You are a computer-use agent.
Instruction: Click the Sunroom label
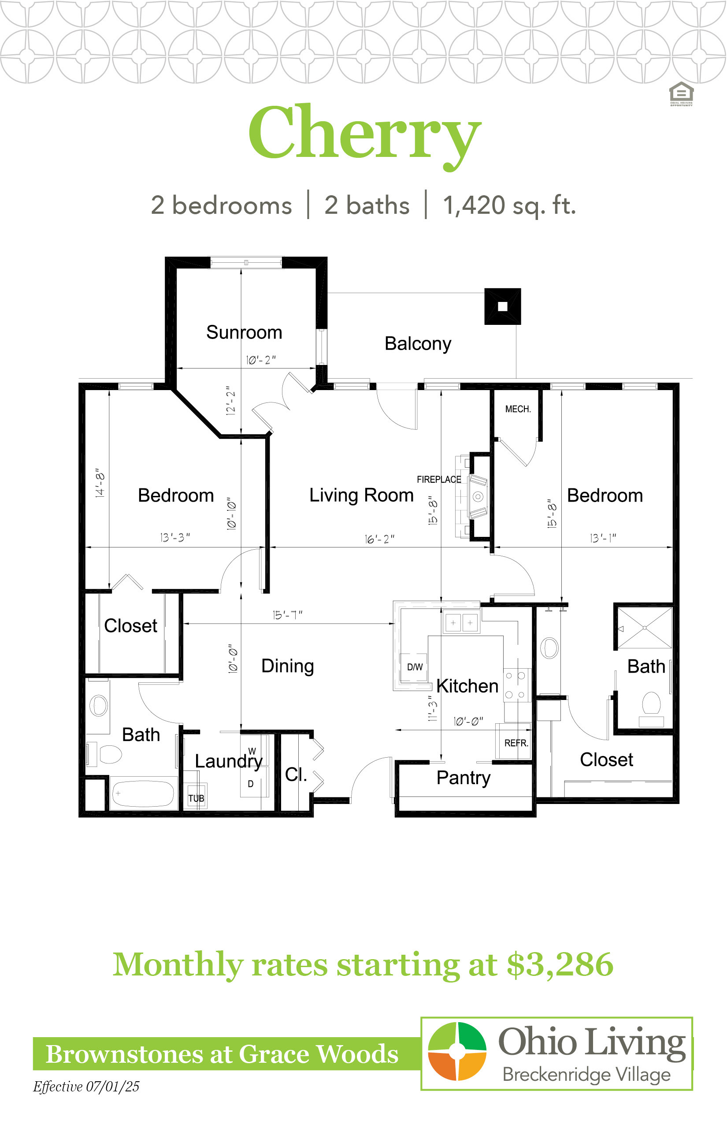[x=244, y=332]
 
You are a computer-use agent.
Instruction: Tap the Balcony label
[x=418, y=344]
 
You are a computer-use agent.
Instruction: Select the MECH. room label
[x=518, y=409]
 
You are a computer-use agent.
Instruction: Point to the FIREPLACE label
[x=439, y=480]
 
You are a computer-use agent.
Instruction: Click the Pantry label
[x=464, y=778]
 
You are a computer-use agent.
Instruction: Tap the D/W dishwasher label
[x=415, y=667]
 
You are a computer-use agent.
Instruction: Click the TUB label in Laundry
[x=196, y=798]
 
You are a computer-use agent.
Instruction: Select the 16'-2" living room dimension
[x=379, y=539]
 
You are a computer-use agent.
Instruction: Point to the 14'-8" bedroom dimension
[x=100, y=483]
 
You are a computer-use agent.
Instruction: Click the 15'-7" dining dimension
[x=287, y=615]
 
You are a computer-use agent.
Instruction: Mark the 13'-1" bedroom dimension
[x=603, y=538]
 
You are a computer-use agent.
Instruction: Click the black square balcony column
[x=503, y=306]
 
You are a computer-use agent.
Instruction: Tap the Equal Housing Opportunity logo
[x=681, y=94]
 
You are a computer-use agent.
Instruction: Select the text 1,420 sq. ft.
[x=509, y=205]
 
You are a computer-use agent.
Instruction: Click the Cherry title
[x=364, y=136]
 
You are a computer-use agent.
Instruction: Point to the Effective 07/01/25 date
[x=86, y=1086]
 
